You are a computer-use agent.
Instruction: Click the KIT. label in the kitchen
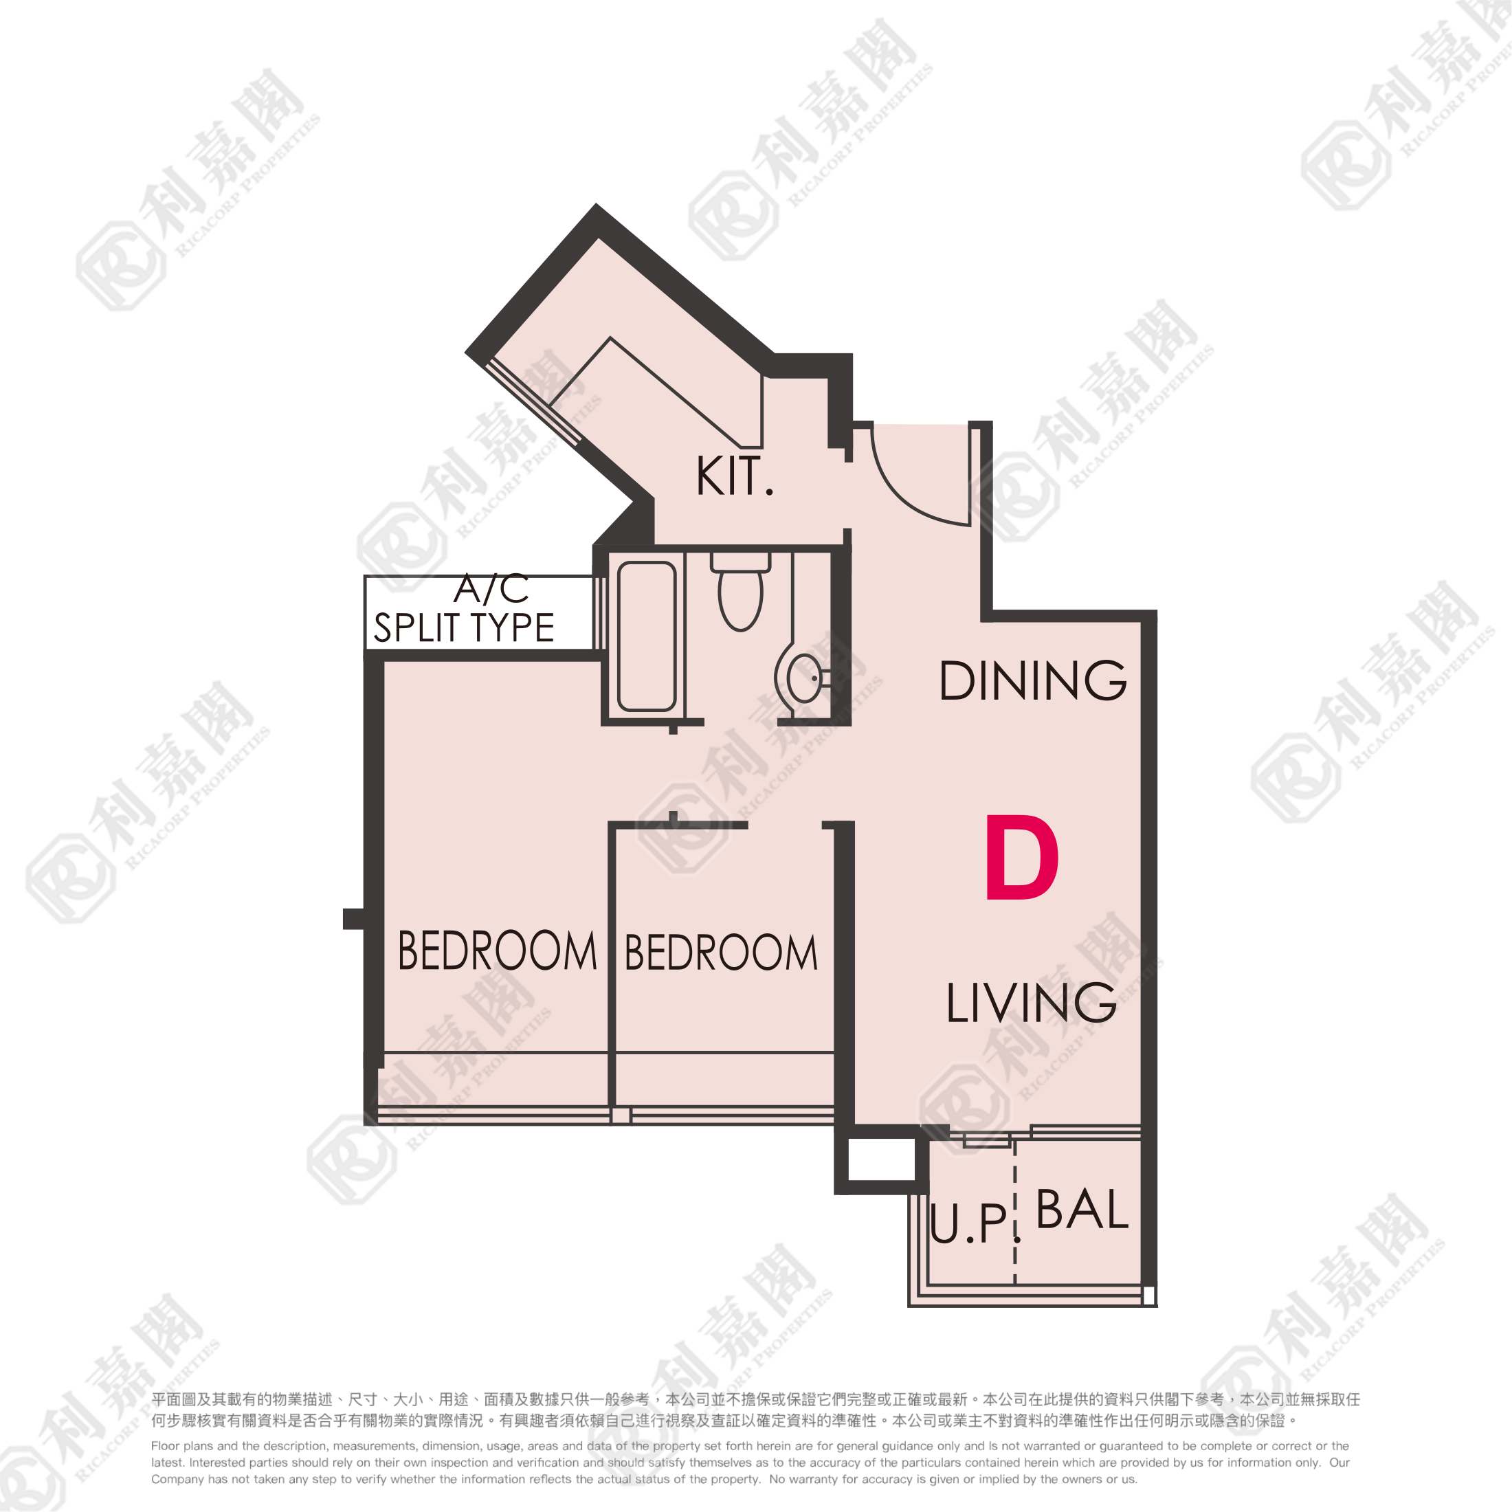click(734, 476)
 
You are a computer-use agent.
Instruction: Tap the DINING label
click(1033, 680)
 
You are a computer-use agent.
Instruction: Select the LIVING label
click(1031, 1003)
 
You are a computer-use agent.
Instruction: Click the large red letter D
click(1022, 857)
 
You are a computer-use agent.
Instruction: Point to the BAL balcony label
click(1082, 1209)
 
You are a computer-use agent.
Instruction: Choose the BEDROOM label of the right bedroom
click(721, 953)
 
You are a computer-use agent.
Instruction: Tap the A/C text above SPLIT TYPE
click(491, 589)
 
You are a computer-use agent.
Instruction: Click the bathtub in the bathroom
click(647, 636)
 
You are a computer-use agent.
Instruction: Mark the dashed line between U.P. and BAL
click(1015, 1212)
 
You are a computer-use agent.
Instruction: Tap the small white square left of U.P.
click(882, 1159)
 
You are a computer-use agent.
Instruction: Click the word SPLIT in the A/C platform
click(416, 627)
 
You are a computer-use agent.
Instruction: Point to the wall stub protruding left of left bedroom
click(354, 919)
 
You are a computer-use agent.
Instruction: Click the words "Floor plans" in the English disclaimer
click(179, 1446)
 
